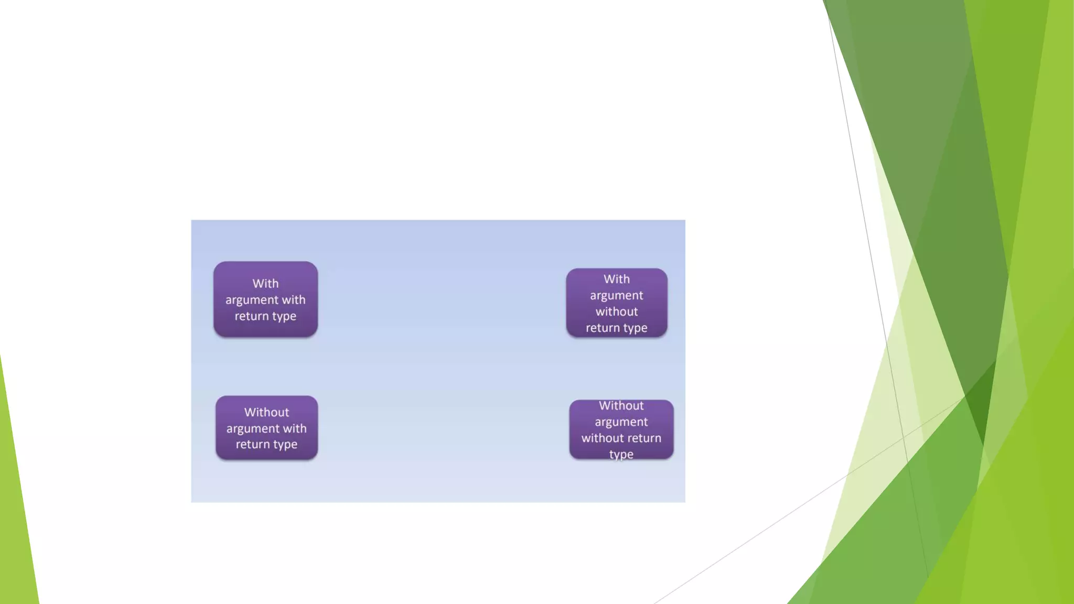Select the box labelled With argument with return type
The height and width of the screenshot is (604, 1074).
point(265,299)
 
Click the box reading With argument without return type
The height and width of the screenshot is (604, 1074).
point(616,303)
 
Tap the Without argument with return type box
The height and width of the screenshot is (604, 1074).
point(266,428)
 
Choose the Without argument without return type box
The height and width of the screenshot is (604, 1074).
point(621,429)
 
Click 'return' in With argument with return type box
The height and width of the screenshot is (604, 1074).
point(251,316)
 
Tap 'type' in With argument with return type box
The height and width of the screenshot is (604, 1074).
point(284,316)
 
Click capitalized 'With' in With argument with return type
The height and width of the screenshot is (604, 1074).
point(265,284)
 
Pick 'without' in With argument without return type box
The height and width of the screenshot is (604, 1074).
point(617,311)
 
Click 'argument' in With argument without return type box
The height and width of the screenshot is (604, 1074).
point(616,296)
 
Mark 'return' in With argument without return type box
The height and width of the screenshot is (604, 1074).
point(602,328)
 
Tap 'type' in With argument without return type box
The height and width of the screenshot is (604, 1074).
point(635,328)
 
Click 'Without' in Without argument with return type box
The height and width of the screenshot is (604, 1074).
point(266,412)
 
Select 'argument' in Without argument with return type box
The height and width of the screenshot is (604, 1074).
point(252,429)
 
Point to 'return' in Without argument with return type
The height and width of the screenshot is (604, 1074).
point(252,445)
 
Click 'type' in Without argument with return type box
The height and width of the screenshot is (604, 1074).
point(285,445)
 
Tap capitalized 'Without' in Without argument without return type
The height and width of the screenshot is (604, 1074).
point(621,406)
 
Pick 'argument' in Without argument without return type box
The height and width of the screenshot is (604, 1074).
point(621,422)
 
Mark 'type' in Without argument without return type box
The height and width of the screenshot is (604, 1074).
point(621,454)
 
